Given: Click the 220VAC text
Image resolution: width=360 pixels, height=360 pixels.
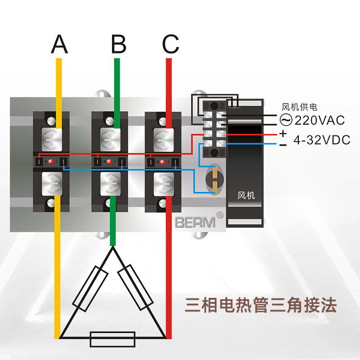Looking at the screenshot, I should pos(319,120).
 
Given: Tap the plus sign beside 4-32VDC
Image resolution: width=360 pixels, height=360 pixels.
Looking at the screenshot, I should pos(283,134).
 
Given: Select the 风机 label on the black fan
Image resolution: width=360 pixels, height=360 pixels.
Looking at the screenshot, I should pos(246,195).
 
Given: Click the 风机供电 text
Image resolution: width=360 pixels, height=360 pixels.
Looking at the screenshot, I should pos(299,107).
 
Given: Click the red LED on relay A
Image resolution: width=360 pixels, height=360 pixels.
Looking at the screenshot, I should pos(51,162).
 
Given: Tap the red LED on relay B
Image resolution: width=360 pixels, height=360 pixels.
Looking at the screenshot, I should pos(109,162).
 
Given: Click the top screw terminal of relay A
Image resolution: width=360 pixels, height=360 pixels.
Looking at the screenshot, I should pos(51,139).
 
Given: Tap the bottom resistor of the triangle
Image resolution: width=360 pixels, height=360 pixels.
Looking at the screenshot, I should pos(113,339).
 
